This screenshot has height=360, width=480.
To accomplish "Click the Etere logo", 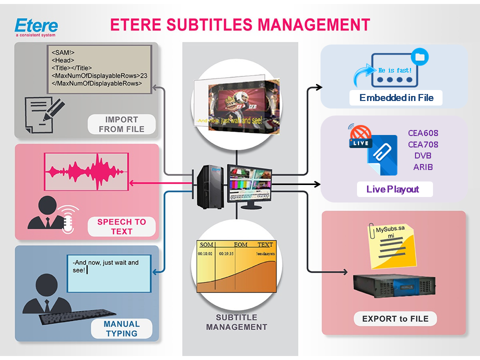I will (36, 26).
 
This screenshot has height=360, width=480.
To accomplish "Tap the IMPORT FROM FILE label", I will (121, 124).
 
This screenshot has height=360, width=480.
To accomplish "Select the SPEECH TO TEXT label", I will (121, 226).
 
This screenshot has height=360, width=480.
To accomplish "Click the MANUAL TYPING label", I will (121, 328).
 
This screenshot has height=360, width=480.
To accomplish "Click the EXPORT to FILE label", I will (395, 318).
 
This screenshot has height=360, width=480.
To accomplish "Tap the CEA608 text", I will (423, 133).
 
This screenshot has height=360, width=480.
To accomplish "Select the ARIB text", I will (423, 167).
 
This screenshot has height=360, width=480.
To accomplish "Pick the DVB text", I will (423, 155).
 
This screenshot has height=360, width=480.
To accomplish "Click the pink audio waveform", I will (85, 171).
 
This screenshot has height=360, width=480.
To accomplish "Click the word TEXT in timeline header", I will (265, 244).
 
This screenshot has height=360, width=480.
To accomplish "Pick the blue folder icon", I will (419, 57).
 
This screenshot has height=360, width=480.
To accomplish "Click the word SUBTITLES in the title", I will (220, 24).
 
